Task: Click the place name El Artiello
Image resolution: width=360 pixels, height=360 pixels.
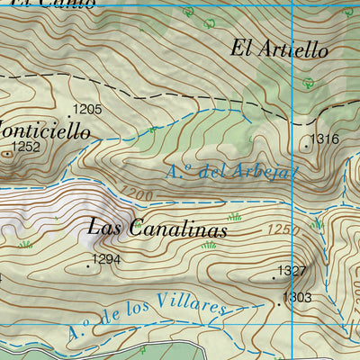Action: (x=279, y=49)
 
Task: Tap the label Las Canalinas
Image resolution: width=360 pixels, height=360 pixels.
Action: (x=157, y=229)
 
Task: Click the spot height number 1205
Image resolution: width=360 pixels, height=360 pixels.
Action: (x=87, y=110)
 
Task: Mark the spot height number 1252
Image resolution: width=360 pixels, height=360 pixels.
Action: (x=27, y=146)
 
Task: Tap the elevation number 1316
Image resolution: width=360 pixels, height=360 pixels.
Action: (x=324, y=139)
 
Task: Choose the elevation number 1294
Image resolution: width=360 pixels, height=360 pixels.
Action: (x=105, y=260)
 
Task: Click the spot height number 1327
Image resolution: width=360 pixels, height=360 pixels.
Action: (x=292, y=271)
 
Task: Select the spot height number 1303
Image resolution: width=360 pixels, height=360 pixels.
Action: (x=297, y=297)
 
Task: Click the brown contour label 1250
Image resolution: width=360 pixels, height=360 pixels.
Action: (x=281, y=230)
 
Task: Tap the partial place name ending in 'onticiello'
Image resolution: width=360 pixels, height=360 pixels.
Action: (x=45, y=130)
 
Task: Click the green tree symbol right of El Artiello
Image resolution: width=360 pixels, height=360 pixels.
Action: (x=308, y=82)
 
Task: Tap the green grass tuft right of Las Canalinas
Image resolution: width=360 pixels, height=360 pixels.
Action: (x=235, y=217)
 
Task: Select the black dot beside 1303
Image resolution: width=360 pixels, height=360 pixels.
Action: (x=279, y=304)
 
